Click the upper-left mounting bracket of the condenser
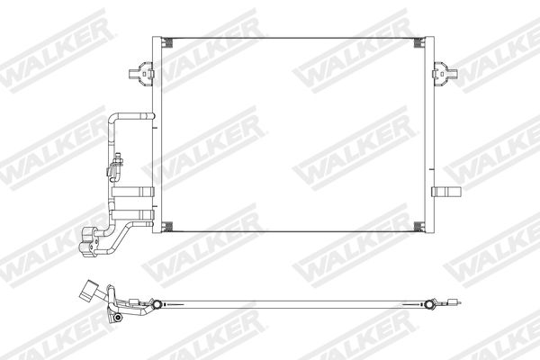click(141, 73)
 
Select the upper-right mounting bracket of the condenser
click(445, 73)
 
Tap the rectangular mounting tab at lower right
click(446, 192)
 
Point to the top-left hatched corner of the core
click(167, 42)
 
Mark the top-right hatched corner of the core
click(418, 42)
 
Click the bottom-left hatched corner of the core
click(167, 226)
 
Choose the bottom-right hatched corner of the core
click(418, 226)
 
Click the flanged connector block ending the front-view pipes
click(89, 242)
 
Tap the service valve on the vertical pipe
click(116, 165)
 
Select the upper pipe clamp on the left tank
click(133, 193)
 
